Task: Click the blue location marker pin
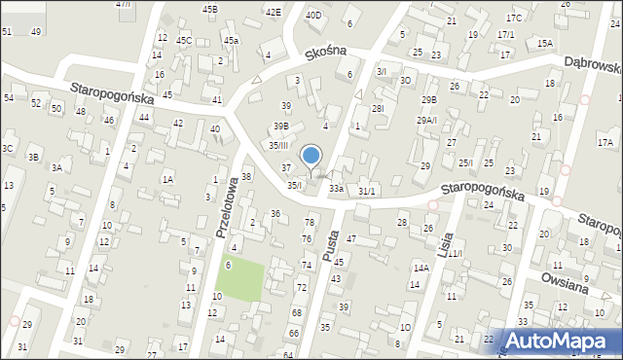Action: pyautogui.click(x=311, y=156)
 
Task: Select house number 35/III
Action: pyautogui.click(x=279, y=145)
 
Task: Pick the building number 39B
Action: pyautogui.click(x=280, y=126)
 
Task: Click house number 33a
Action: pyautogui.click(x=336, y=188)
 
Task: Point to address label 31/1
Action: pyautogui.click(x=366, y=192)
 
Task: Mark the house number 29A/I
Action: pyautogui.click(x=427, y=120)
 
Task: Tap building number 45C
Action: pyautogui.click(x=183, y=40)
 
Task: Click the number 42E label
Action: pyautogui.click(x=274, y=12)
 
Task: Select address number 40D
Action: pyautogui.click(x=313, y=15)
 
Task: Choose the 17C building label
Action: pyautogui.click(x=514, y=18)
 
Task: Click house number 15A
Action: pyautogui.click(x=544, y=43)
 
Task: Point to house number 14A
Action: pyautogui.click(x=421, y=268)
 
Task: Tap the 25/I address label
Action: pyautogui.click(x=467, y=162)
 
